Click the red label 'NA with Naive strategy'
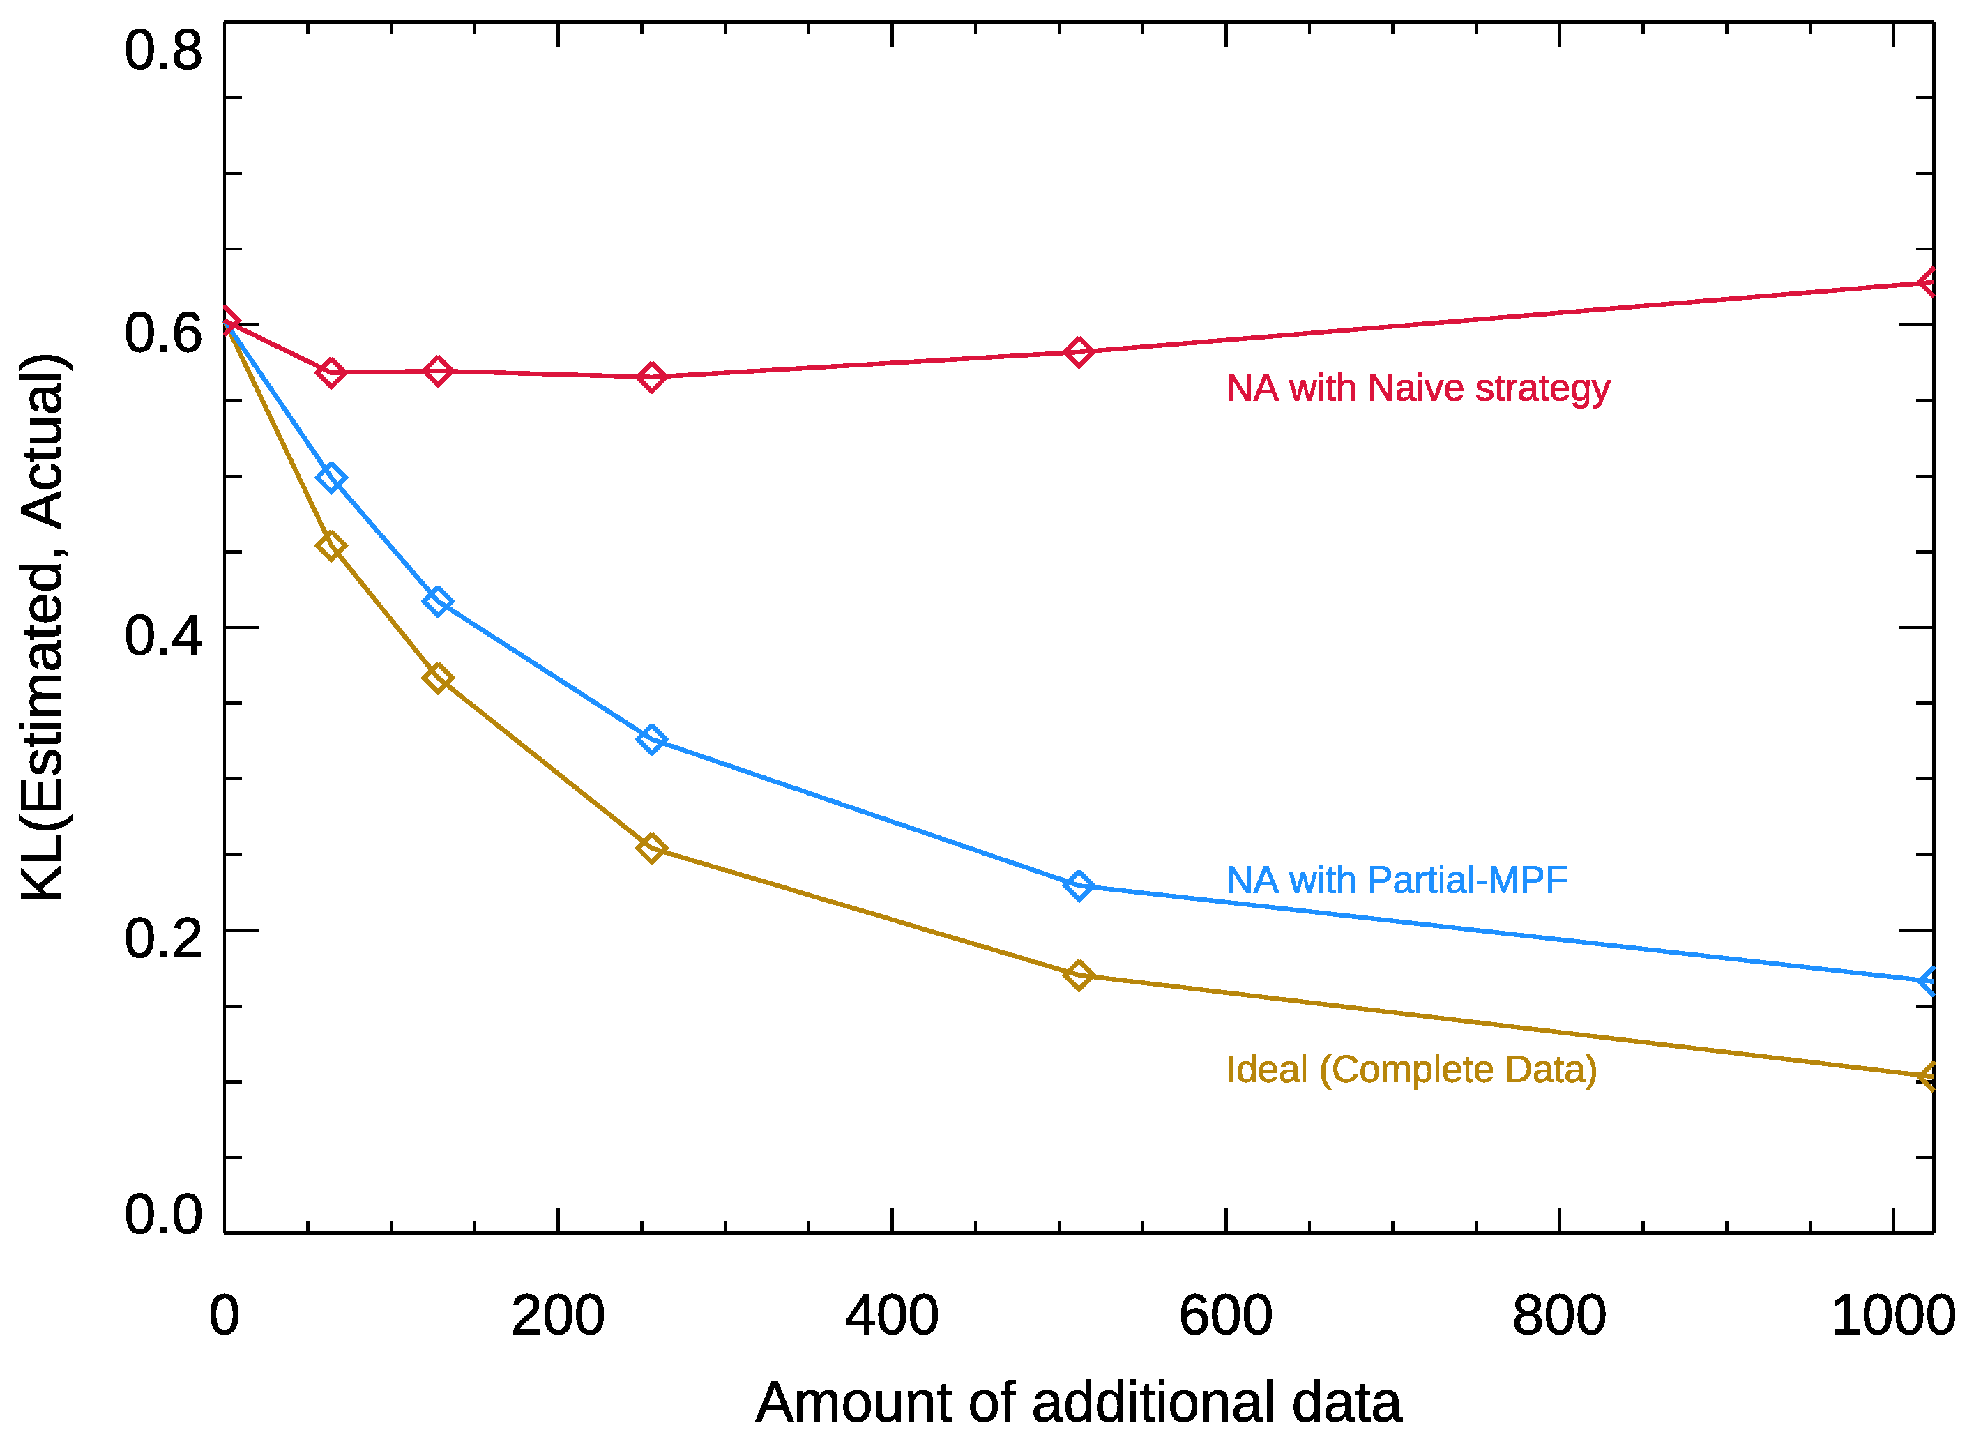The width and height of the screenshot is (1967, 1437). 1417,388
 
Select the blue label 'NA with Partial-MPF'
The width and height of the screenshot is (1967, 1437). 1397,881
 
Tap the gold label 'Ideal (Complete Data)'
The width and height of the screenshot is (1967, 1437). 1411,1069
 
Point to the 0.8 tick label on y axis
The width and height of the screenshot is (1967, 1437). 162,50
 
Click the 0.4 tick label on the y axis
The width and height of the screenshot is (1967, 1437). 162,635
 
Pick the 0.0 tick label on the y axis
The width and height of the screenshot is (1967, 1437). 162,1215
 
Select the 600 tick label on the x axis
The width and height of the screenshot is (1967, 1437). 1225,1316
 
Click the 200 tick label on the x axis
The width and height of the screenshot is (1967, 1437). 558,1316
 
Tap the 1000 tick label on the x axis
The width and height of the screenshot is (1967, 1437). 1892,1316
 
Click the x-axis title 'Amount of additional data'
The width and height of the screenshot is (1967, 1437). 1078,1403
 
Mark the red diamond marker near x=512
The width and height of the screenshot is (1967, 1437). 1078,352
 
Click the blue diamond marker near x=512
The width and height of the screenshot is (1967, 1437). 1078,886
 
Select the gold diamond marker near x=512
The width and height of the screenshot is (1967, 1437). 1078,976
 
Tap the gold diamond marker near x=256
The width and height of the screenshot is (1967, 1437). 651,848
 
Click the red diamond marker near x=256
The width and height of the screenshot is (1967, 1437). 651,377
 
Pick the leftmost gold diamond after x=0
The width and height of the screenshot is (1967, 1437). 331,546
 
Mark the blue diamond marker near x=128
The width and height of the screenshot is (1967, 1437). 438,602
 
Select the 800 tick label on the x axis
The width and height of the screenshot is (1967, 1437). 1559,1316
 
